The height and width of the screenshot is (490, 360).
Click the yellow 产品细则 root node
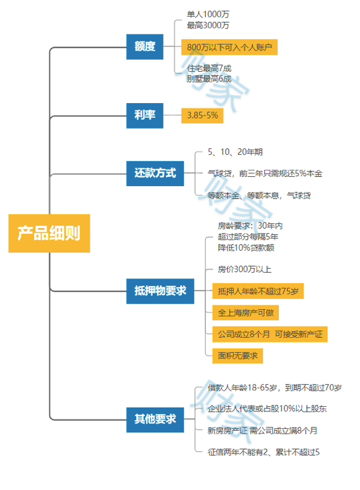[x=48, y=233]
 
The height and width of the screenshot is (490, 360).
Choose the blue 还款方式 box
[x=154, y=173]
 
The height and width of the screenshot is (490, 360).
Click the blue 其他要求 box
[x=154, y=418]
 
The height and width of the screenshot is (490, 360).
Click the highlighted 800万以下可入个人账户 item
[x=229, y=47]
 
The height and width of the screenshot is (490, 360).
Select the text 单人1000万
[x=209, y=13]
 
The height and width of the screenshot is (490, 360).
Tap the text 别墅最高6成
[x=209, y=78]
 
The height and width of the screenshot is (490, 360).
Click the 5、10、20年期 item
[x=231, y=152]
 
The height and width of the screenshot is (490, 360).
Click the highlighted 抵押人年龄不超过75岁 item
[x=258, y=291]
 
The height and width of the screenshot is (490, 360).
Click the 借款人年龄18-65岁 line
[x=274, y=388]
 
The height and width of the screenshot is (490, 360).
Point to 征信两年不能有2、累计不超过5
[x=263, y=452]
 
